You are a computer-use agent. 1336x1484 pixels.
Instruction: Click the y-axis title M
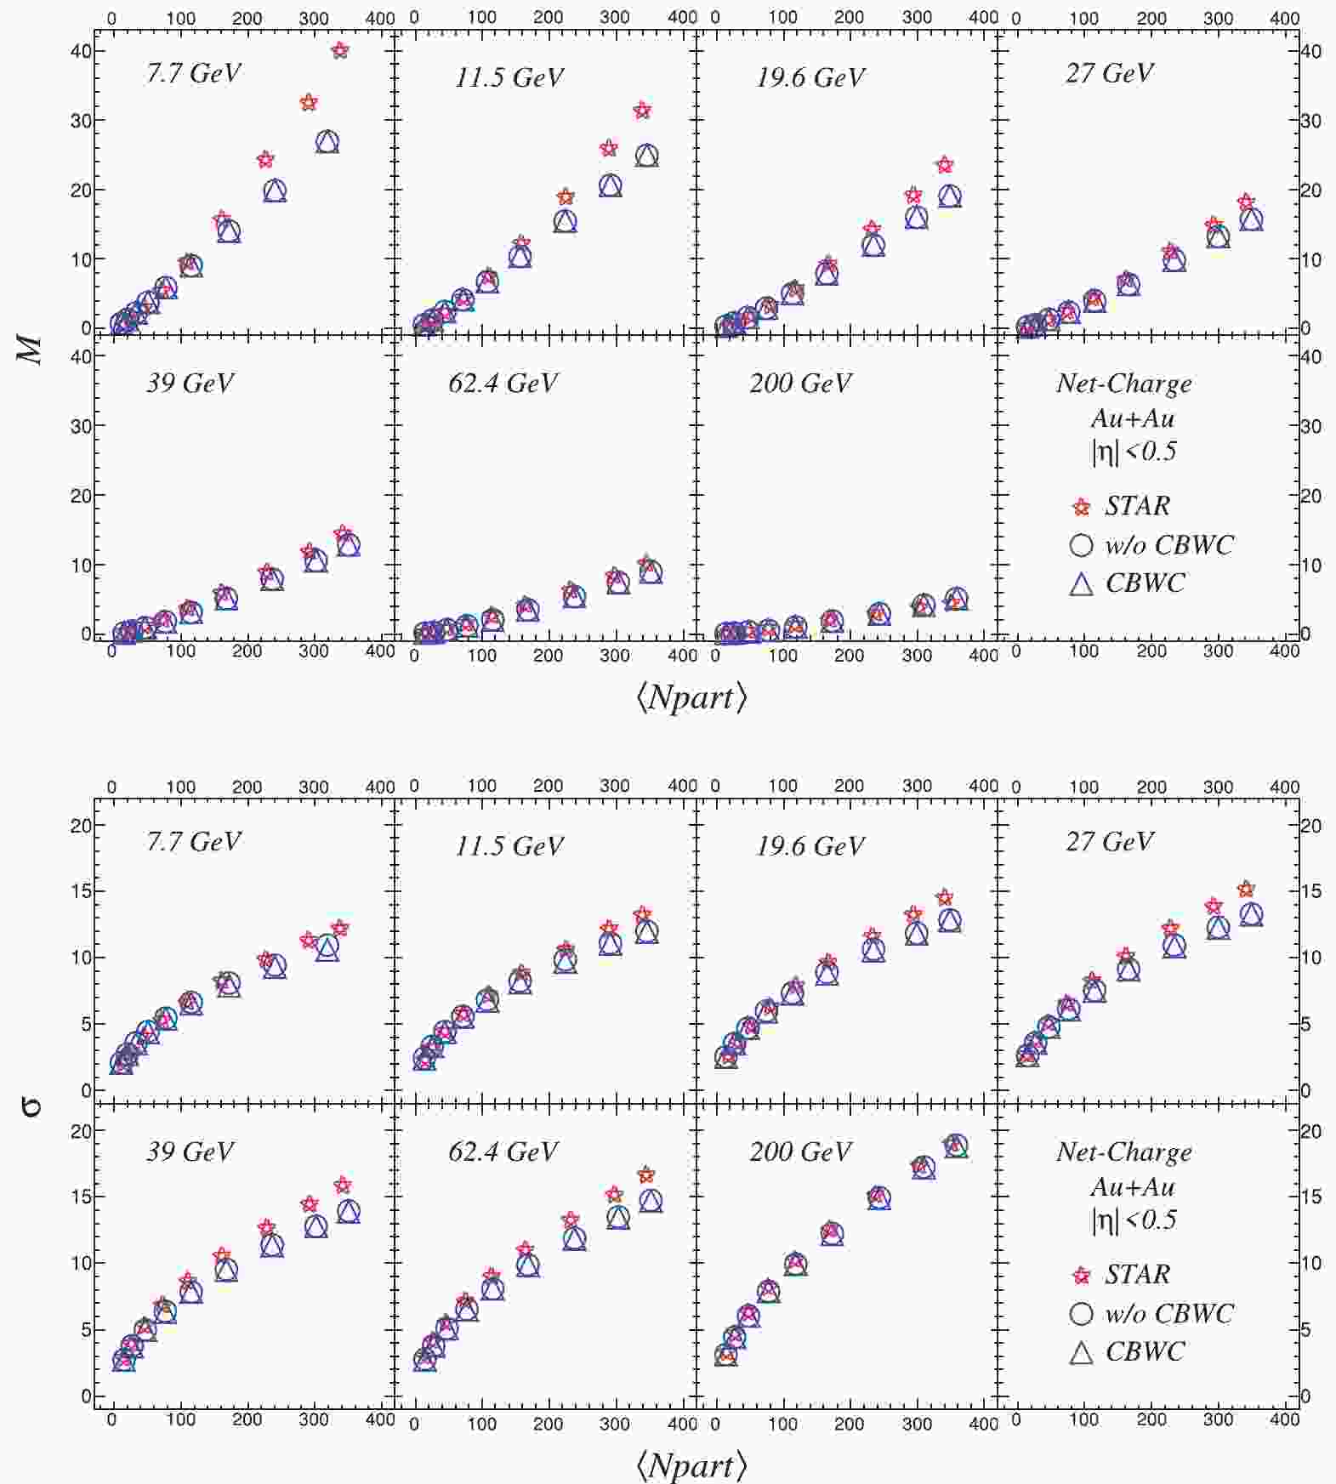click(x=31, y=349)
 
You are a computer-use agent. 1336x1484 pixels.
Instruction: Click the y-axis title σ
click(x=31, y=1106)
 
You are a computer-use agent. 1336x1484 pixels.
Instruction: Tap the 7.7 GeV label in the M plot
click(x=193, y=73)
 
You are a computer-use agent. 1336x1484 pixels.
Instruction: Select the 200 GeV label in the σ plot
click(x=800, y=1151)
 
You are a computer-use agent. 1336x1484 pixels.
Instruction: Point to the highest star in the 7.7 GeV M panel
click(x=340, y=51)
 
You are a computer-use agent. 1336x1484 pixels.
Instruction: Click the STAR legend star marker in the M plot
click(x=1081, y=508)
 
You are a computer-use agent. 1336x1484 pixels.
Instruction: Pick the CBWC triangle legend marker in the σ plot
click(x=1081, y=1352)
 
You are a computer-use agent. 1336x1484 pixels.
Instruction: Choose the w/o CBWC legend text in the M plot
click(x=1169, y=544)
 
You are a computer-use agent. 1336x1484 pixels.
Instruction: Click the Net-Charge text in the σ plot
click(x=1123, y=1152)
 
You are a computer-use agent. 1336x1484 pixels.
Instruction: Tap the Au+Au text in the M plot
click(x=1132, y=418)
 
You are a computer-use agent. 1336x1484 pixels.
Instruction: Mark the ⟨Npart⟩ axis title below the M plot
click(x=691, y=697)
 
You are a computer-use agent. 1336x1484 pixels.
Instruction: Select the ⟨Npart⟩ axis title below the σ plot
click(x=691, y=1464)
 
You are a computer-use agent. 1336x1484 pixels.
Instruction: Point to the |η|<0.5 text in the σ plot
click(x=1134, y=1220)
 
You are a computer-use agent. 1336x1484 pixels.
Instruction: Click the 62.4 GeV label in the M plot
click(x=503, y=384)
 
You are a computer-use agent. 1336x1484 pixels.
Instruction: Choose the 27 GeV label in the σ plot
click(x=1109, y=842)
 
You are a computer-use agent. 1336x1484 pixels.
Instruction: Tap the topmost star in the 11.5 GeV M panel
click(x=642, y=111)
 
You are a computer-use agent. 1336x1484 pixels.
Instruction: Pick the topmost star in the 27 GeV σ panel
click(x=1246, y=890)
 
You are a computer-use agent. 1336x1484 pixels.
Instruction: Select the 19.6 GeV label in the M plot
click(x=810, y=77)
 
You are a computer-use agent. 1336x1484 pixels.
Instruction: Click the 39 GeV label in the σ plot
click(x=190, y=1151)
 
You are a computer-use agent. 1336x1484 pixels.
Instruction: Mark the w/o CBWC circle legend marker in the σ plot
click(x=1081, y=1313)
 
